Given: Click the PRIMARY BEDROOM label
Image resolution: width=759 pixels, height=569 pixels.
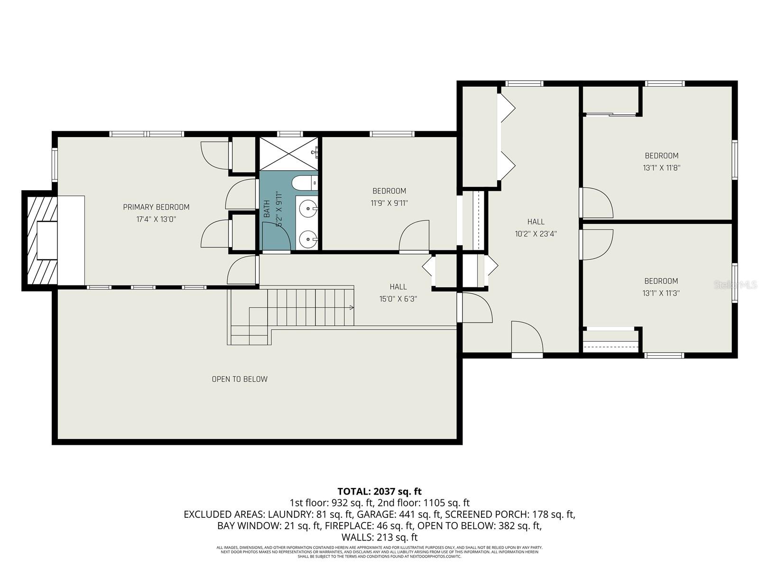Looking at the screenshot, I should point(156,207).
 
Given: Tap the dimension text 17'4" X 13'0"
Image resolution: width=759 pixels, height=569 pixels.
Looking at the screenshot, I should point(156,219).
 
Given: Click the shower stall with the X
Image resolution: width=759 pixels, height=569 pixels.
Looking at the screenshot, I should point(288,154).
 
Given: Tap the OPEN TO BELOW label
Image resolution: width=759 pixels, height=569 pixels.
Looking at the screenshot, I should point(240,379).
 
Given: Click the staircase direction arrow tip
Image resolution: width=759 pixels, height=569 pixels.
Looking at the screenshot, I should point(352,308).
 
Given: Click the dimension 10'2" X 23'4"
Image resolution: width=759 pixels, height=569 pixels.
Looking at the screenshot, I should point(536,234).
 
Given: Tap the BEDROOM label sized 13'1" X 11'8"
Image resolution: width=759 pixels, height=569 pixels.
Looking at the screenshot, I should point(661,156).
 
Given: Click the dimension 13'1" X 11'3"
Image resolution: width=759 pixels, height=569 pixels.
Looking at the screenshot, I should point(661,293).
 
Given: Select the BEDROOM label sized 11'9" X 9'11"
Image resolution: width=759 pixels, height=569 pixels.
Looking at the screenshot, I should point(389,191).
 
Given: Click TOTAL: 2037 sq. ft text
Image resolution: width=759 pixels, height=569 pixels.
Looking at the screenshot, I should point(379,491).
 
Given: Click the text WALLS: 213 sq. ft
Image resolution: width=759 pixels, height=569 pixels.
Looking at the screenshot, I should point(379,537).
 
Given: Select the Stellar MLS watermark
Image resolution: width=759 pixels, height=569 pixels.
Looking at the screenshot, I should point(736,285).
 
